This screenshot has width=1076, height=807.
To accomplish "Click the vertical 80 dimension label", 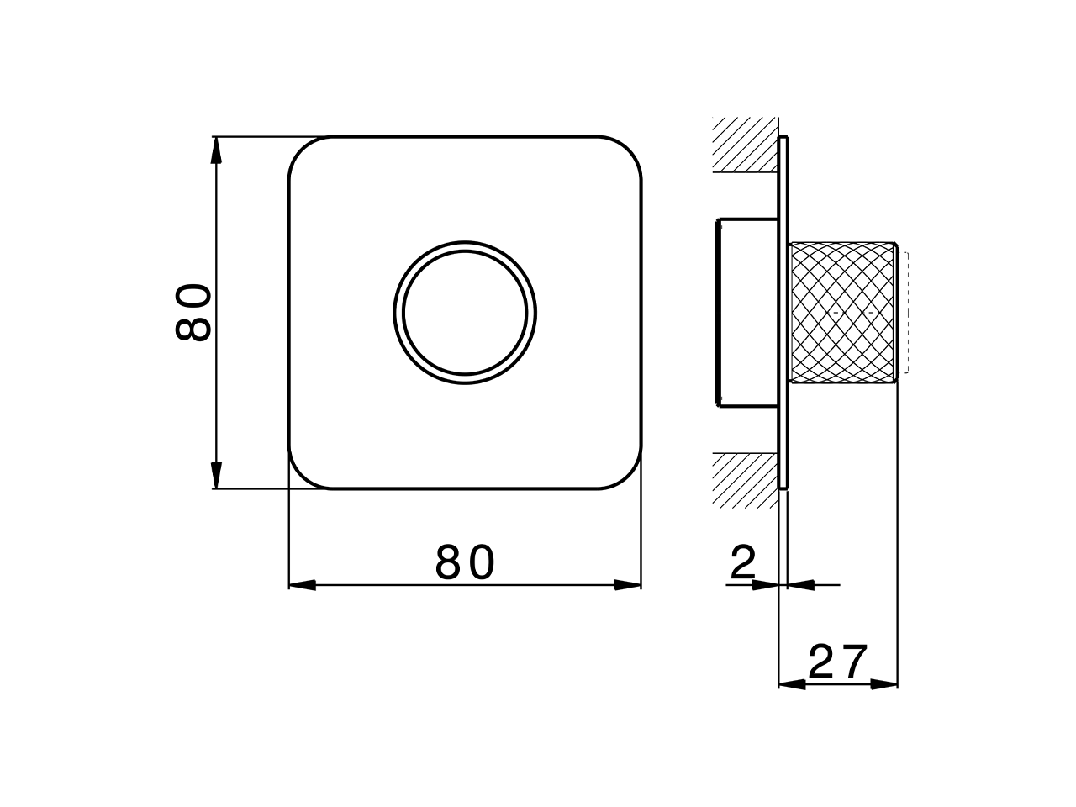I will (x=193, y=313).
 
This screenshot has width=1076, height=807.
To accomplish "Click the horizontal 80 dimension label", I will (x=465, y=563).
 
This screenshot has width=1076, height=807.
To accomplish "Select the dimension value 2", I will (x=743, y=563).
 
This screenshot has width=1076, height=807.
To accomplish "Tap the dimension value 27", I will (x=837, y=662).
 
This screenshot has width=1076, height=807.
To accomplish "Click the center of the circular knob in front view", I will (x=465, y=312).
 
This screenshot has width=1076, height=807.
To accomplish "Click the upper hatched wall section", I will (x=744, y=145).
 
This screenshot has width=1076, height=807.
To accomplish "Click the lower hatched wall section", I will (x=744, y=479).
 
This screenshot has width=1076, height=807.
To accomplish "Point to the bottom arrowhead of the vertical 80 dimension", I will (x=216, y=475).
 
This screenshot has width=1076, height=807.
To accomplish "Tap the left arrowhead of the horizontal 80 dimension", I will (x=302, y=585).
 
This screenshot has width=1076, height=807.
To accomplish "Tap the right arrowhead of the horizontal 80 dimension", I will (x=628, y=585).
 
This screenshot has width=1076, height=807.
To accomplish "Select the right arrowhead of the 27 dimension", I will (x=884, y=684).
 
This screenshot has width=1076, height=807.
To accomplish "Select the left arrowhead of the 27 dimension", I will (x=793, y=684).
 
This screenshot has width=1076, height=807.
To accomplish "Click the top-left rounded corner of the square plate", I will (x=302, y=150).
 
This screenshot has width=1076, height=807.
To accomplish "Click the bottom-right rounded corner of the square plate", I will (x=629, y=476).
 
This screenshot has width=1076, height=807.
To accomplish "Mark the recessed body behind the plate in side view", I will (x=746, y=312).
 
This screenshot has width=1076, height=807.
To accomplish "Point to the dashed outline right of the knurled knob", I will (x=904, y=312).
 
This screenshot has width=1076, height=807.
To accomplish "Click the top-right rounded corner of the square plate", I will (x=629, y=150).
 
